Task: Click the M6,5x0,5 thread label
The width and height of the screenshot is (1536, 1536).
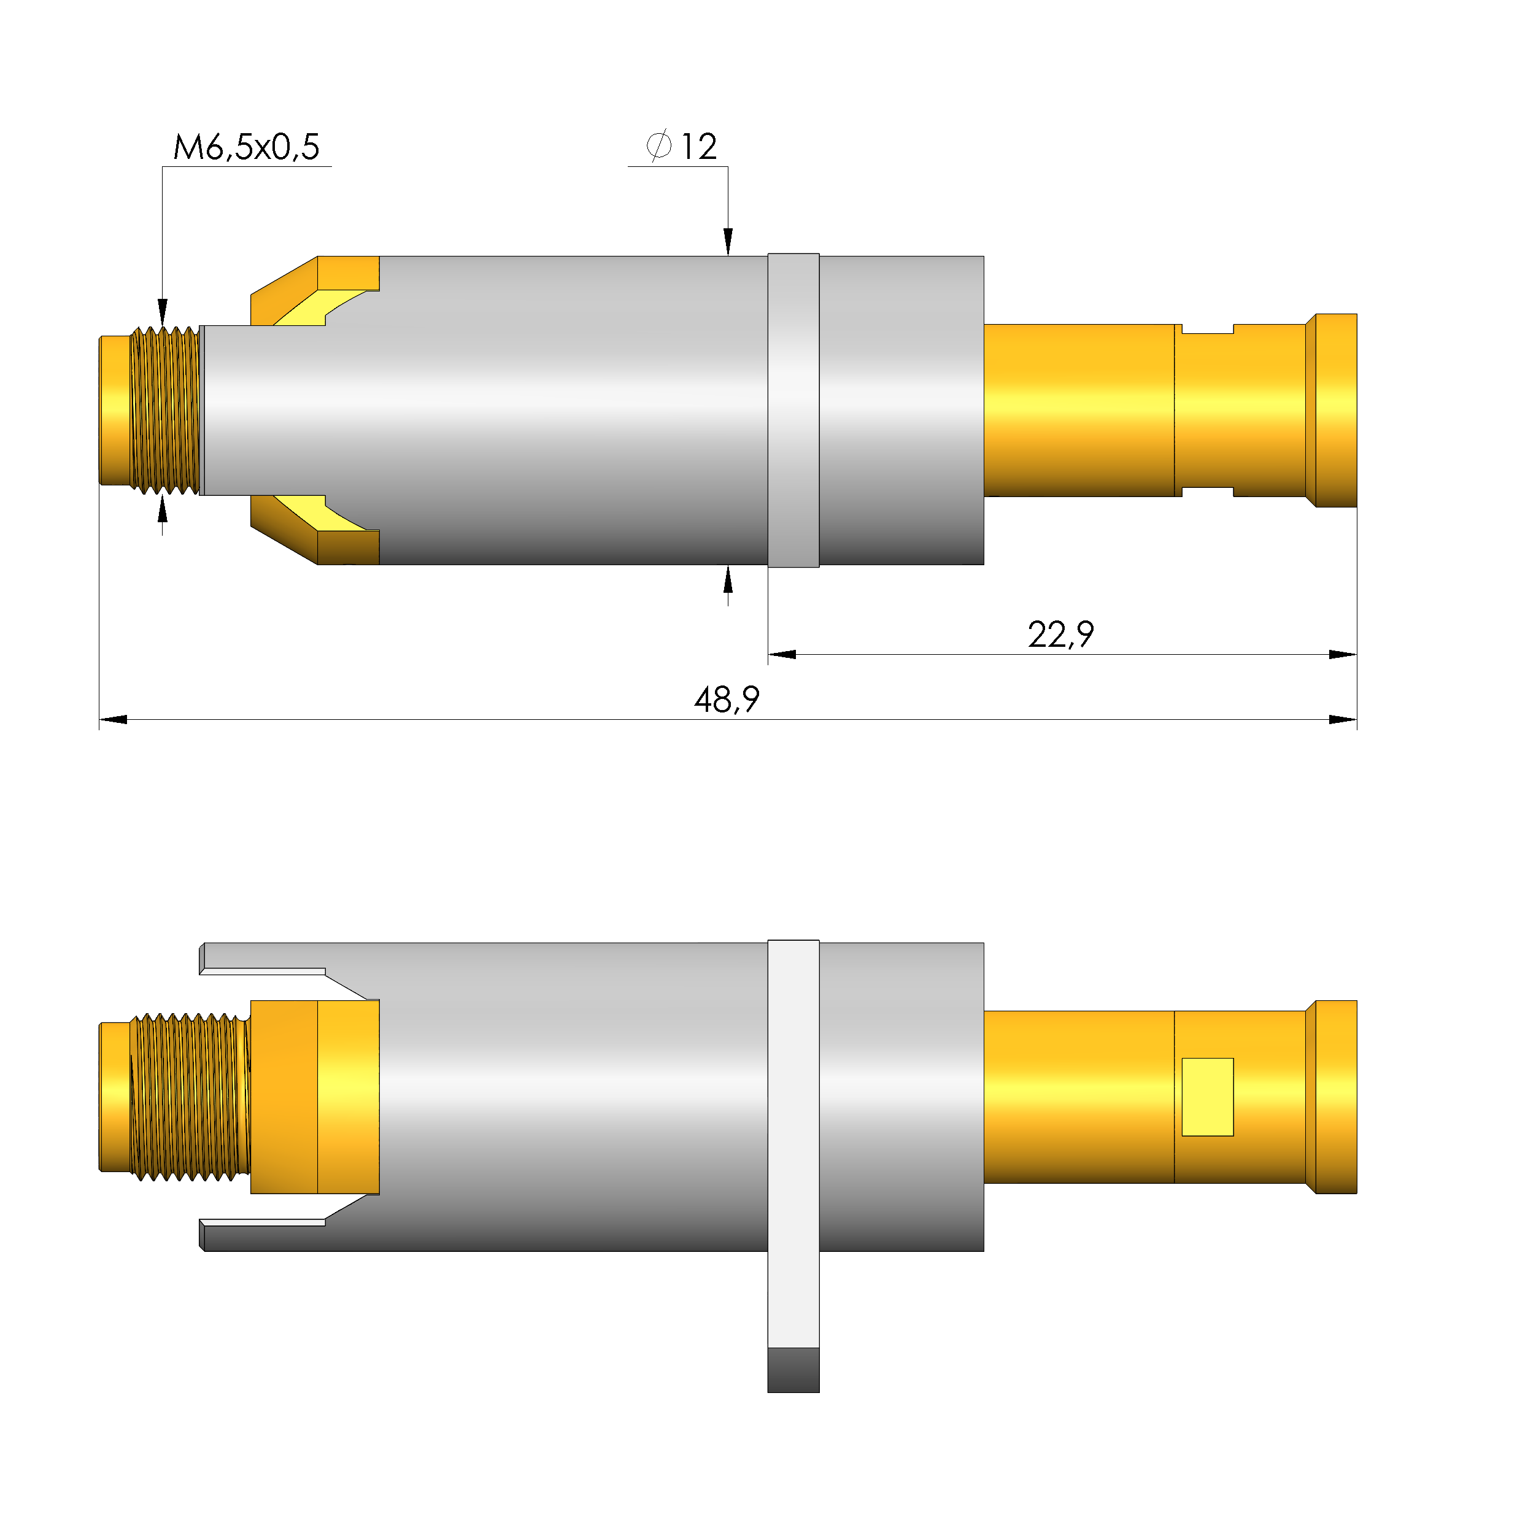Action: pyautogui.click(x=247, y=147)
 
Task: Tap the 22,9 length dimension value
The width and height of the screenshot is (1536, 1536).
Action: pyautogui.click(x=1060, y=635)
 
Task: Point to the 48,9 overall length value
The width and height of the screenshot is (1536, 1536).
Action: pyautogui.click(x=727, y=700)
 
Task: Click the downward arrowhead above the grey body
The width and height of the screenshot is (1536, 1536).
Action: pyautogui.click(x=727, y=241)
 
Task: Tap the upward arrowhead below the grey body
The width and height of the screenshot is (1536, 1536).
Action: pyautogui.click(x=727, y=581)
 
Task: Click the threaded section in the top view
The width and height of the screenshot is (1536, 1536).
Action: pyautogui.click(x=164, y=411)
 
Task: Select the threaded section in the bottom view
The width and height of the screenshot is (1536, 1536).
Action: pyautogui.click(x=189, y=1097)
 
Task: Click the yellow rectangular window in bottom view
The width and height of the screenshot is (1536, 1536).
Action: pyautogui.click(x=1207, y=1097)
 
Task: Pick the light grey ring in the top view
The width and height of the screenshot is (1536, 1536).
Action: pyautogui.click(x=793, y=411)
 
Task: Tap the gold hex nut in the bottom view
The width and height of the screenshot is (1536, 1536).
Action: pyautogui.click(x=314, y=1097)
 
